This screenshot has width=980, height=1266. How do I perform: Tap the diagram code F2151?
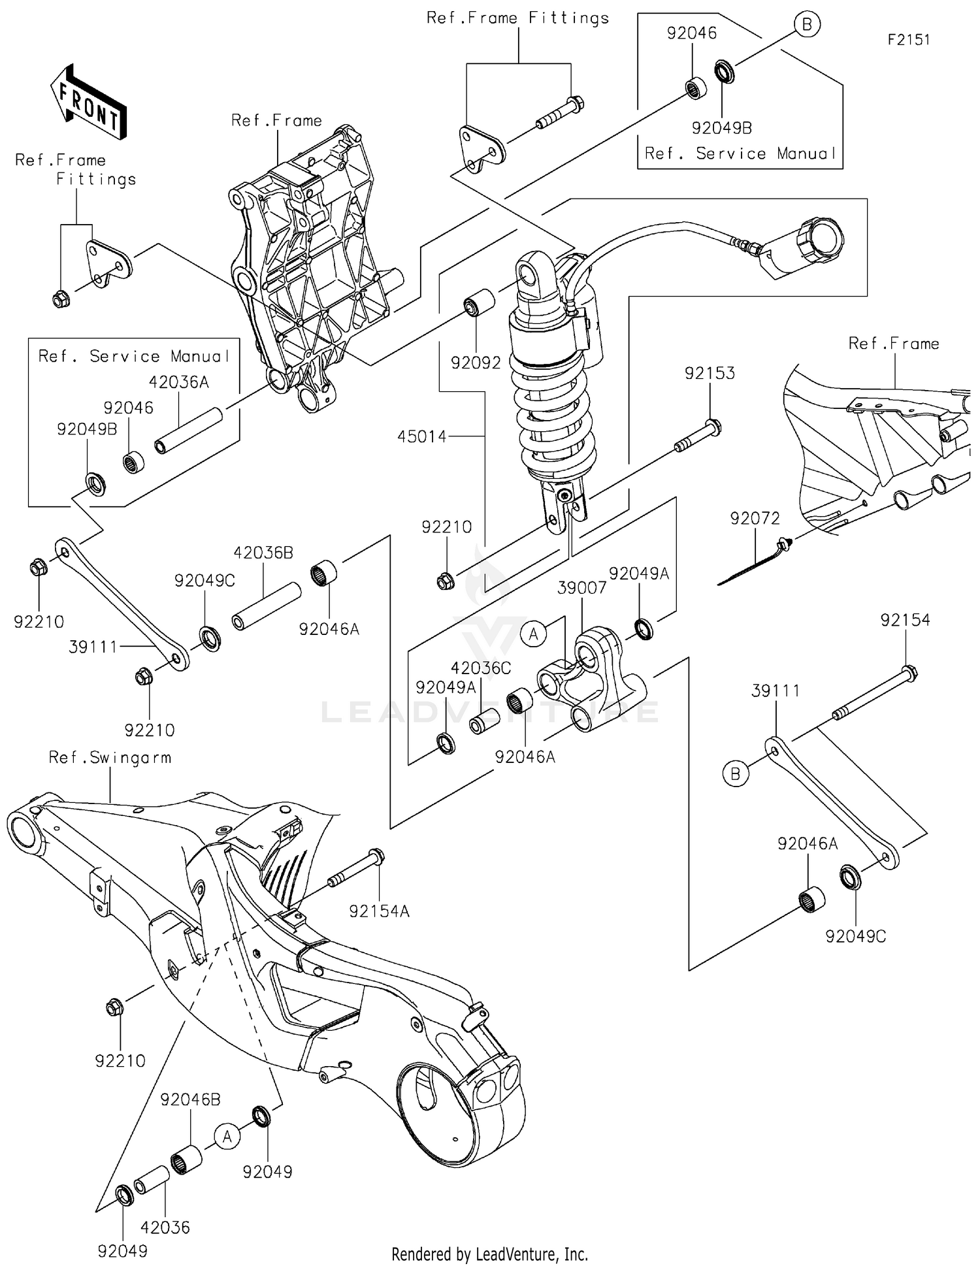coord(908,40)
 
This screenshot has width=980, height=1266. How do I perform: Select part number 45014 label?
coord(421,436)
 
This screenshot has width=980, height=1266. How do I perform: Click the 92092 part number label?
coord(476,363)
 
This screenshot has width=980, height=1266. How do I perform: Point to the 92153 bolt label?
coord(710,373)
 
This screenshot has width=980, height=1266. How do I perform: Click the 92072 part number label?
coord(755,518)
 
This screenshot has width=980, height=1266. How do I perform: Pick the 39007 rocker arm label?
coord(581,588)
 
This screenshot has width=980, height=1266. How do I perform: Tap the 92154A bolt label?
coord(379,911)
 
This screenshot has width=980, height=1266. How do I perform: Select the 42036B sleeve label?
coord(263,553)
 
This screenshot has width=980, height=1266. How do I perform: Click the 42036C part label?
coord(480,668)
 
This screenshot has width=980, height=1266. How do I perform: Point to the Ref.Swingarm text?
coord(110,758)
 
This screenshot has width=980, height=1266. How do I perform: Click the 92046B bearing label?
coord(190,1099)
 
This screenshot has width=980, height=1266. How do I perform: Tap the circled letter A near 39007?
coord(534,634)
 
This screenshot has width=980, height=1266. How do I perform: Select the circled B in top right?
coord(807,25)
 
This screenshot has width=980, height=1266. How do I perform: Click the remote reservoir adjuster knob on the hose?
coord(820,240)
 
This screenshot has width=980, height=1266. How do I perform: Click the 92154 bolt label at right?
coord(905,620)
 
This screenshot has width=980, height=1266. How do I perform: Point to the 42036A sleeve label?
coord(178,382)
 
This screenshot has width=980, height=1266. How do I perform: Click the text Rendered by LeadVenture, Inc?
coord(489,1254)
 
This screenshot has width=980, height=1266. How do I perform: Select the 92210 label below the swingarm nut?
coord(120,1061)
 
